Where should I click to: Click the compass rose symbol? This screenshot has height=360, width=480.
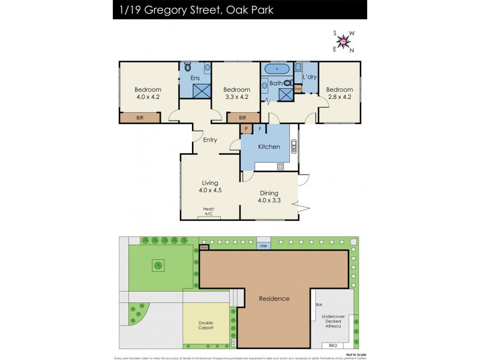coord(344,41)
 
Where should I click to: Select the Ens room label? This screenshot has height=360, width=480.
coord(195,78)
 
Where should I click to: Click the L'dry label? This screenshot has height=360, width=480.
coord(310,77)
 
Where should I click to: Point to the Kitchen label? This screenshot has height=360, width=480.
coord(269,146)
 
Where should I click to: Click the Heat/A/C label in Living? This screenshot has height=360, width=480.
coord(209,211)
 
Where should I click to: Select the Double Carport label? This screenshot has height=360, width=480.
coord(206,325)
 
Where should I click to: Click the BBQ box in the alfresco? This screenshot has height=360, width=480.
coord(333,346)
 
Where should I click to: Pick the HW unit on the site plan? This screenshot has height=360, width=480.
coord(263,246)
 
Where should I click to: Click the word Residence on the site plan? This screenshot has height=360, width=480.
coord(274,298)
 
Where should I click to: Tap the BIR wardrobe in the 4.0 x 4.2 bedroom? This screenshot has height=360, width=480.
coord(140,118)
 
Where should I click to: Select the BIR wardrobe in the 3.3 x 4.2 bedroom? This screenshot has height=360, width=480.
coord(242,118)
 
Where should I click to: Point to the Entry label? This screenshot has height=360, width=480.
coord(210,140)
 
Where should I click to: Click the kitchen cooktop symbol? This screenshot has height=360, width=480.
coord(280,166)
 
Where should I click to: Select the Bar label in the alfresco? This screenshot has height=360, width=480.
coord(319,305)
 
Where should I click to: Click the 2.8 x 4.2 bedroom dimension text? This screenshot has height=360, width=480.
coord(339,96)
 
